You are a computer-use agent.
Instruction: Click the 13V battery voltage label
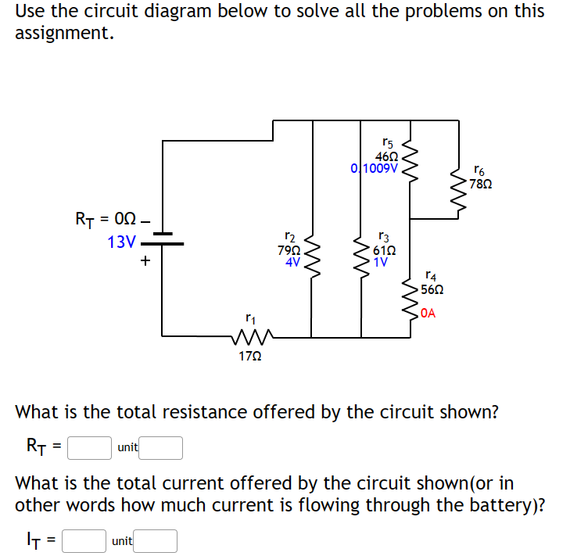(x=121, y=242)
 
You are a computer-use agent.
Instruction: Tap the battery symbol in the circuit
(x=163, y=239)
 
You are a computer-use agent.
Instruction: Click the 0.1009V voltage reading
(x=375, y=168)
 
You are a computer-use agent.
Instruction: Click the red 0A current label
(x=427, y=314)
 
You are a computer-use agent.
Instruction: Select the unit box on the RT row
(x=162, y=447)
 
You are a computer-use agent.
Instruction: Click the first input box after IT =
(x=84, y=540)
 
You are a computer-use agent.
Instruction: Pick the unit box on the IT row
(x=156, y=540)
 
